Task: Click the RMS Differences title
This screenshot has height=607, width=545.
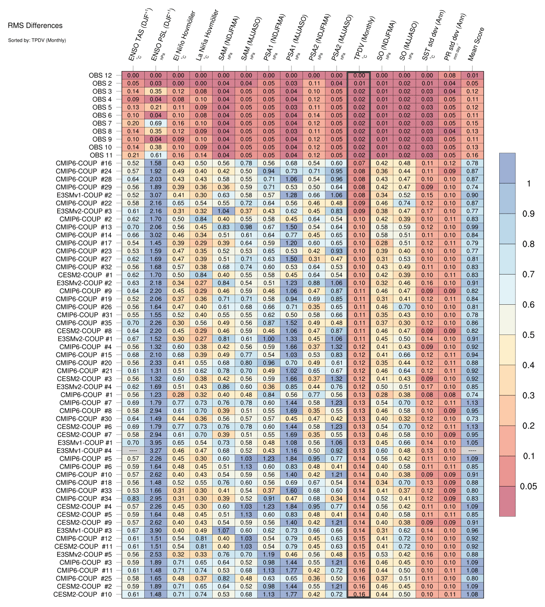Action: pos(35,26)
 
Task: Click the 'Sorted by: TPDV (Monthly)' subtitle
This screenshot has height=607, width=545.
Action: pos(37,40)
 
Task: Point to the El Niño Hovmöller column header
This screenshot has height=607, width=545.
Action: pos(184,36)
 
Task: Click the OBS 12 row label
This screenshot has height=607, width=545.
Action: pos(100,75)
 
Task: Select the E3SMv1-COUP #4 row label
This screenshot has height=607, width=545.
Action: pos(84,451)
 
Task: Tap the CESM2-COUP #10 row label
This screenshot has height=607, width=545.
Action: pos(83,594)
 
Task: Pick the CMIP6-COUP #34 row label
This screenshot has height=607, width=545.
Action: pos(83,498)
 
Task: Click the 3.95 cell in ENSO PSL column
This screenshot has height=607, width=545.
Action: pos(155,442)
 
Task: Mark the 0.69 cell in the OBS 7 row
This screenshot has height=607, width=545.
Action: pos(155,123)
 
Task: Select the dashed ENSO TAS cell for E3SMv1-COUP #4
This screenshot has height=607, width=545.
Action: pos(133,451)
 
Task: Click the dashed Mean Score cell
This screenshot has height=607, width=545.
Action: pos(472,451)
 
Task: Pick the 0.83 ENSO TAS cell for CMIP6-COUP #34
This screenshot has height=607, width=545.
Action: pos(133,498)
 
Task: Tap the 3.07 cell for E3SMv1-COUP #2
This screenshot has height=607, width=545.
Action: pos(155,195)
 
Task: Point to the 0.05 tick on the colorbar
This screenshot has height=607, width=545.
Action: pos(528,486)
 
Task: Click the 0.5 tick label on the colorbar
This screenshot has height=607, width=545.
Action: pos(528,335)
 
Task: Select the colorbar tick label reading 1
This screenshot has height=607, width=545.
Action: pos(528,184)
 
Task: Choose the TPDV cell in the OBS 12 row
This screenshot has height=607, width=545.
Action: pos(359,76)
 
